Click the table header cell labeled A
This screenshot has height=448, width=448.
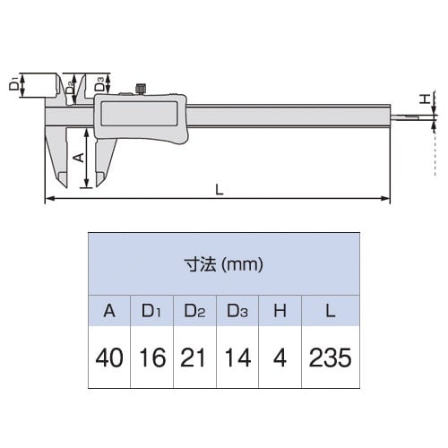pyautogui.click(x=109, y=311)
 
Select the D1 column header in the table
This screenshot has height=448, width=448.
pyautogui.click(x=151, y=311)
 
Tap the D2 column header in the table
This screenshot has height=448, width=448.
pyautogui.click(x=194, y=311)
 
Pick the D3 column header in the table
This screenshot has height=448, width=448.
pyautogui.click(x=237, y=311)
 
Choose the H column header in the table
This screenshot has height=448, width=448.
pyautogui.click(x=280, y=311)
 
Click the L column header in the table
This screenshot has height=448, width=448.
pyautogui.click(x=331, y=311)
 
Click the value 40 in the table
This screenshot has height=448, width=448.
pyautogui.click(x=109, y=358)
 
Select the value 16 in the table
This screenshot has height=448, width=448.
pyautogui.click(x=152, y=358)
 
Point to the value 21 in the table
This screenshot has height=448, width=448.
pyautogui.click(x=193, y=358)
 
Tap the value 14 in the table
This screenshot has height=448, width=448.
pyautogui.click(x=237, y=358)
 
